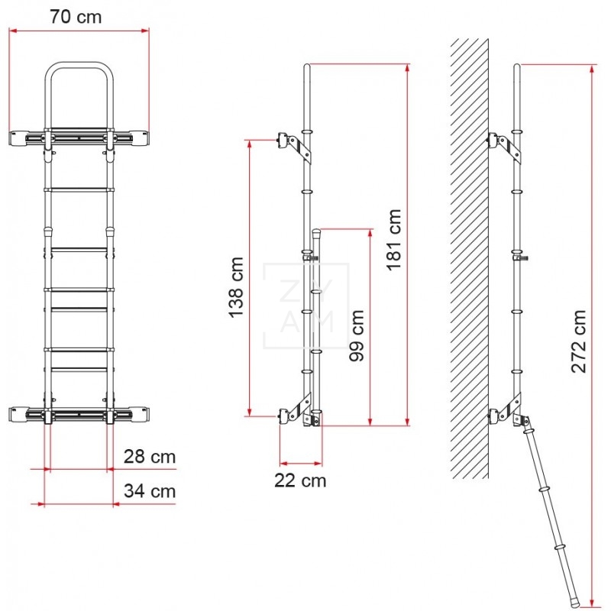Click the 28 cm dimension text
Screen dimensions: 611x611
point(150,457)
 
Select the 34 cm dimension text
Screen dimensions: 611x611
point(150,491)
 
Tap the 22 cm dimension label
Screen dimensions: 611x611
point(300,480)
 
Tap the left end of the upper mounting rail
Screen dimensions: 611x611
point(17,138)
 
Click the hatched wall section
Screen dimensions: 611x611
point(468,260)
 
